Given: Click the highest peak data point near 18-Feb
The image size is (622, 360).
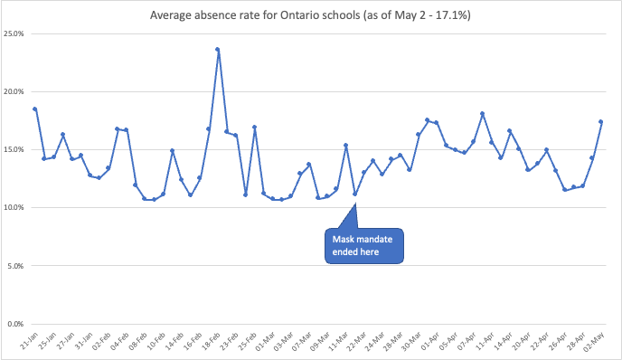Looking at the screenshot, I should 218,50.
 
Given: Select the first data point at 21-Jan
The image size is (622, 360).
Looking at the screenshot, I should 34,109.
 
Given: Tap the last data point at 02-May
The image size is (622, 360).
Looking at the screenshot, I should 601,122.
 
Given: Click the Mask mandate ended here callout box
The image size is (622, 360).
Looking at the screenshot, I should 363,245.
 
